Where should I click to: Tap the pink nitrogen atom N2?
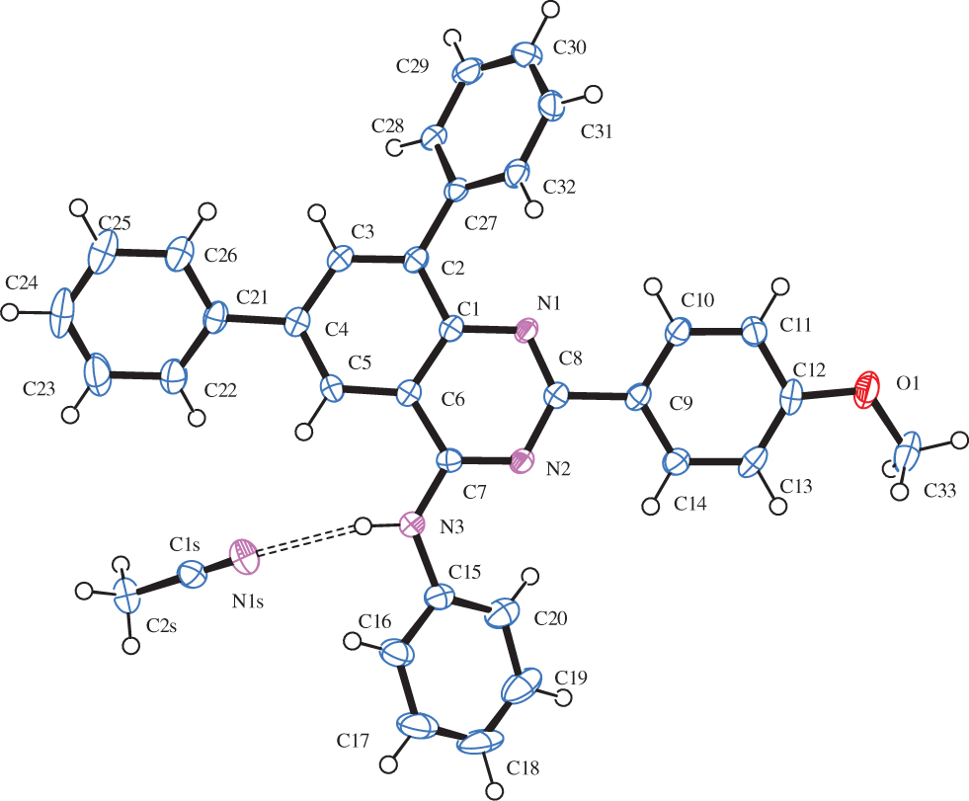522,461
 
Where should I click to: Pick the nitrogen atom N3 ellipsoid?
412,525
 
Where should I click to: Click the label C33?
940,492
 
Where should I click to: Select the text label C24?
22,283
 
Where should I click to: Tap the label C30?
569,47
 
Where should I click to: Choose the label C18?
523,768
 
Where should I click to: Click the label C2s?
162,626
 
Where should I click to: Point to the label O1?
908,384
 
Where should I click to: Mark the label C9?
682,404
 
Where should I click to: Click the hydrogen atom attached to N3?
363,526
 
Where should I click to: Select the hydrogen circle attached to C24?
9,312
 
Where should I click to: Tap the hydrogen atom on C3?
318,214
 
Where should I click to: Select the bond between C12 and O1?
829,392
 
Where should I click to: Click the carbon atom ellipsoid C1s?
192,574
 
